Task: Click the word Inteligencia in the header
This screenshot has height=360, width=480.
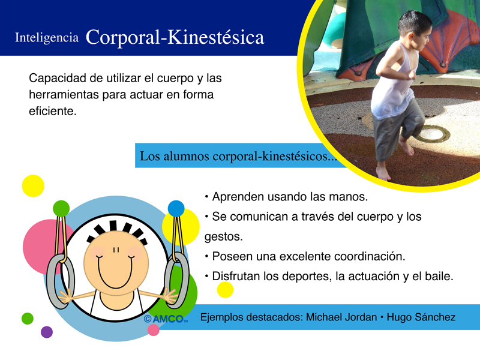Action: pos(47,38)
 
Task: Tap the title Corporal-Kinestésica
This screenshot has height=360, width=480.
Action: pos(175,37)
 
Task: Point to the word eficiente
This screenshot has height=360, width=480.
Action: pos(52,111)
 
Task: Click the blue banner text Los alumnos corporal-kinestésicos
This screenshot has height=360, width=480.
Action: pos(238,156)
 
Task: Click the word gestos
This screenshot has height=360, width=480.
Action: pos(223,237)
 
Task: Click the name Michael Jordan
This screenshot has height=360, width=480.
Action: pos(341,317)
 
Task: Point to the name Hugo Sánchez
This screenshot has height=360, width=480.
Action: pos(421,317)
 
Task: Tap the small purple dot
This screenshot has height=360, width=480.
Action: pos(47,332)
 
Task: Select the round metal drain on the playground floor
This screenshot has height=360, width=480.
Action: pos(433,133)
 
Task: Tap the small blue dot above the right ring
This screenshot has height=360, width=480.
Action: pos(176,208)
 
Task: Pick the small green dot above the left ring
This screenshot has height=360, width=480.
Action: pos(61,208)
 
